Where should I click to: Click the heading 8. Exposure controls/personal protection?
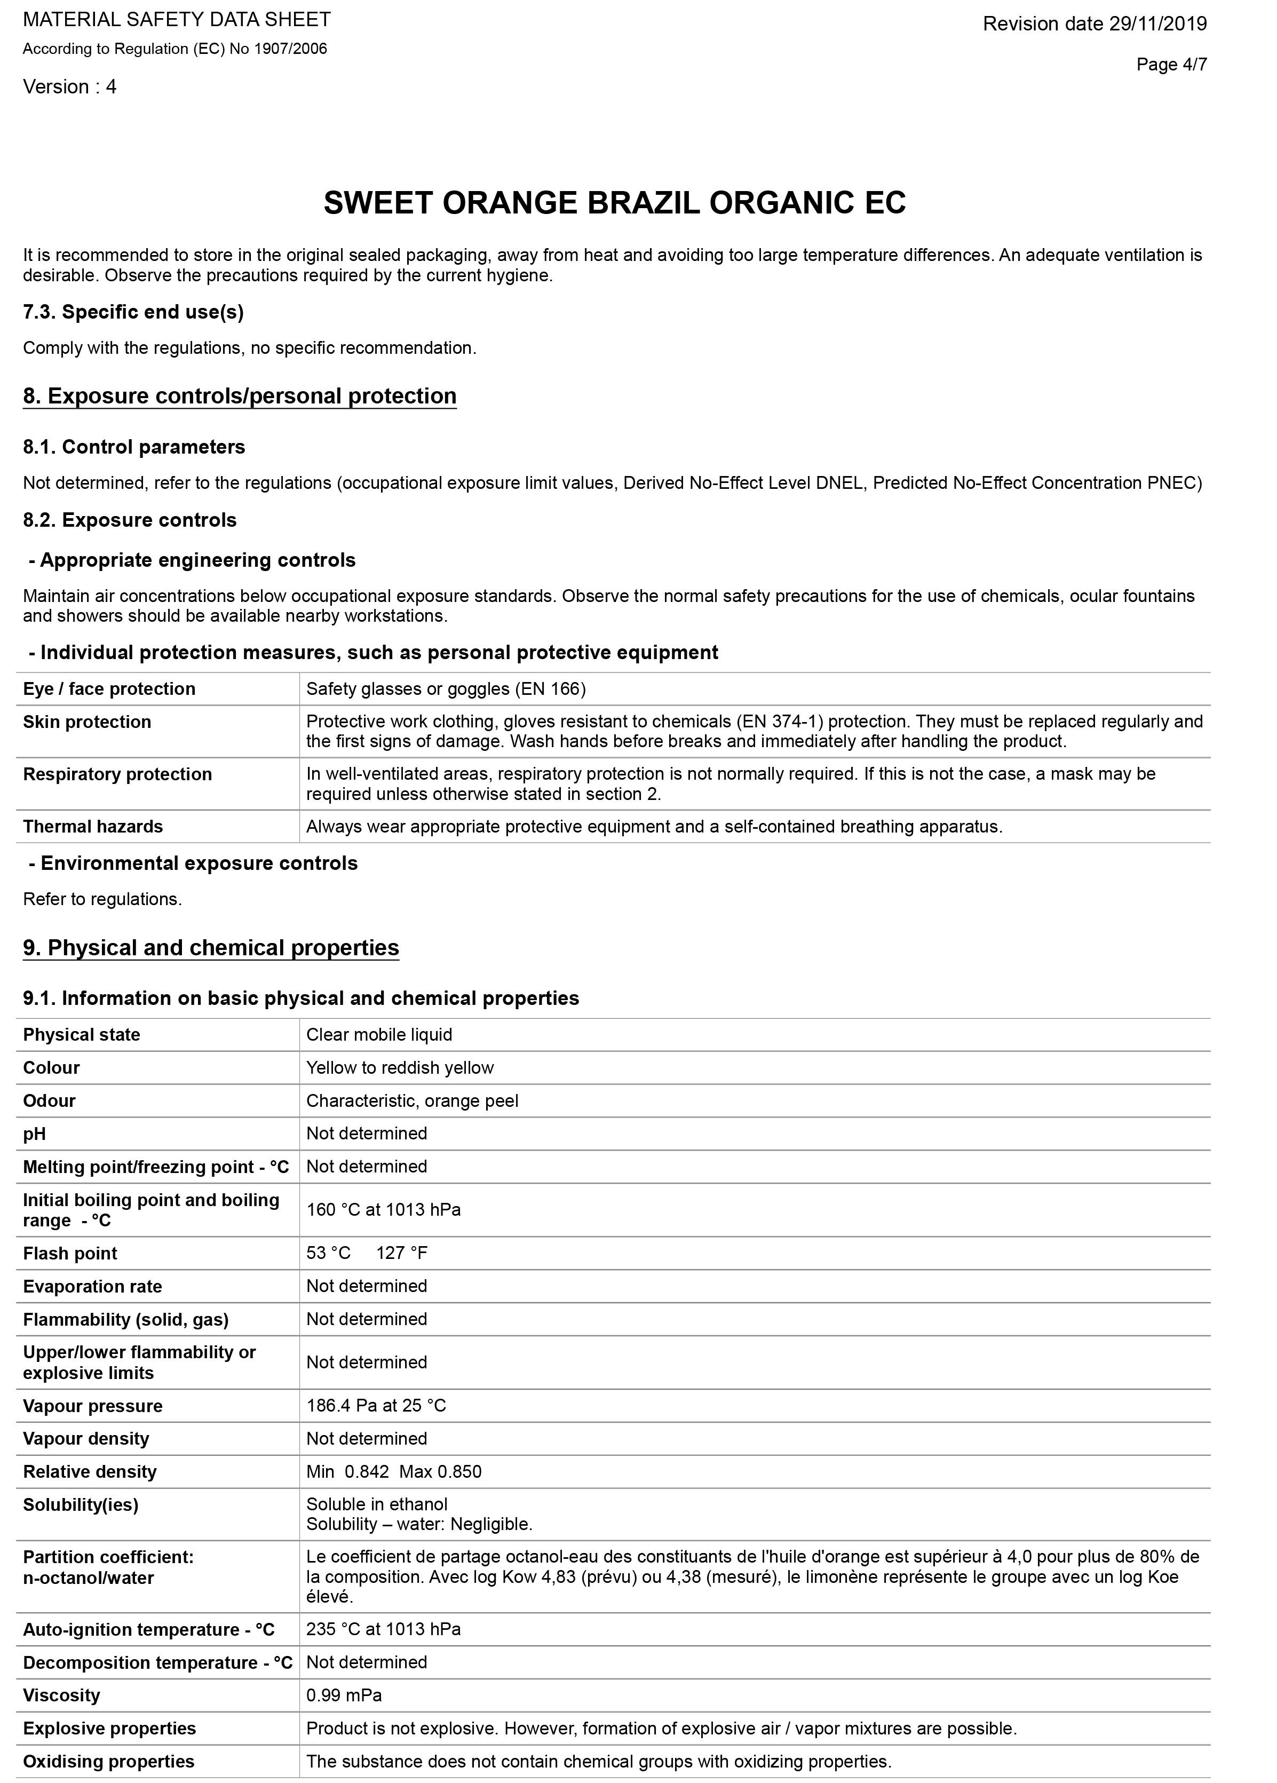click(x=240, y=396)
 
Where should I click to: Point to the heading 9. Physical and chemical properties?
click(x=211, y=948)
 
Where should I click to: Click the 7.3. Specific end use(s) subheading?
click(x=133, y=312)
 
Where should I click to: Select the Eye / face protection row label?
click(x=109, y=690)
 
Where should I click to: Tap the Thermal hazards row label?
click(x=93, y=827)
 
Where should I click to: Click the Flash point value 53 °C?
click(x=329, y=1253)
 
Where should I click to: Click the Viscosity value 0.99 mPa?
click(x=344, y=1695)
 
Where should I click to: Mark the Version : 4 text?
click(x=70, y=88)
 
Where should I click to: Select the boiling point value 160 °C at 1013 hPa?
click(x=383, y=1210)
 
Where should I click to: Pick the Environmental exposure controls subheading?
click(x=193, y=864)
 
